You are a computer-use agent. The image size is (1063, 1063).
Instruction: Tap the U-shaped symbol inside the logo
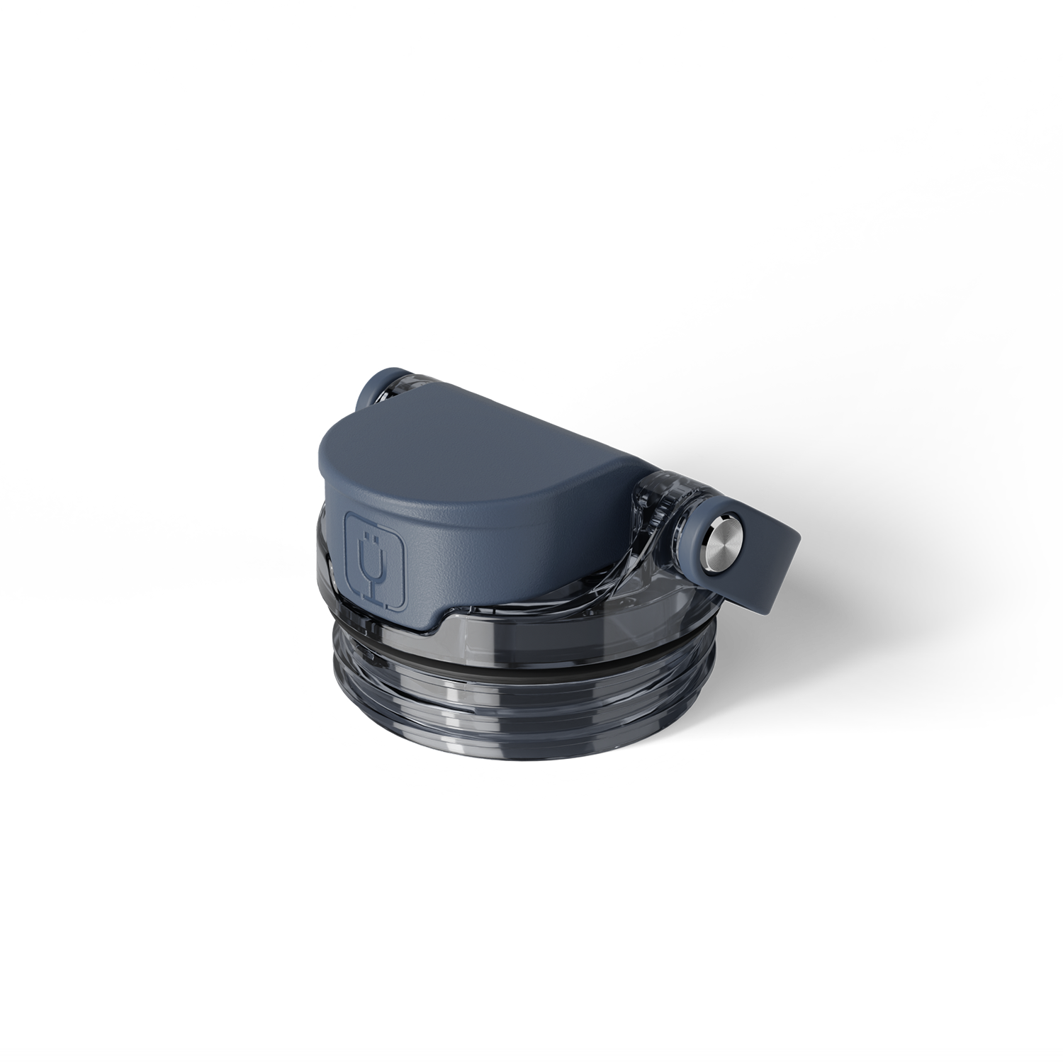pyautogui.click(x=376, y=561)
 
